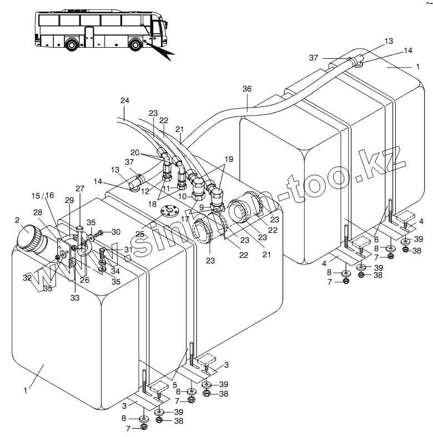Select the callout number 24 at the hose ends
[x=125, y=100]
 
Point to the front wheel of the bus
[x=135, y=43]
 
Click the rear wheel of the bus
[x=72, y=43]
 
